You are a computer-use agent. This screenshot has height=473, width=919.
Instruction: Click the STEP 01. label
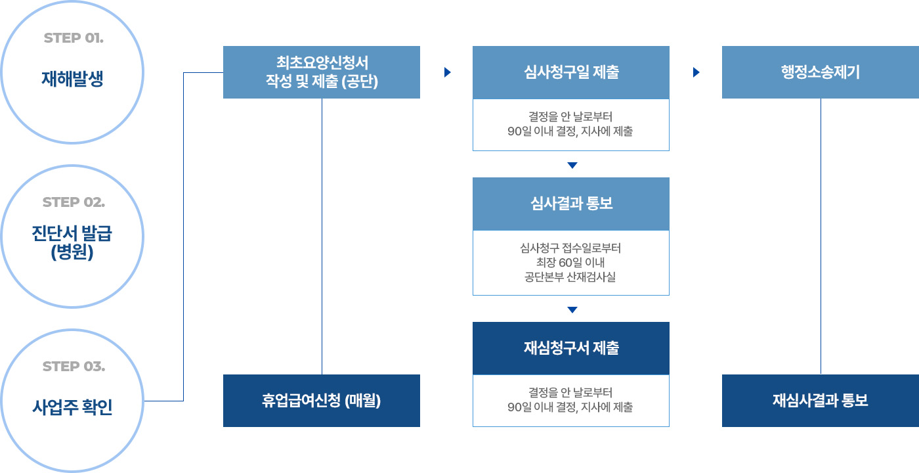pos(74,38)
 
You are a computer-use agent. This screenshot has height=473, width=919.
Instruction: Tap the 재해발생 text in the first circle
pos(72,78)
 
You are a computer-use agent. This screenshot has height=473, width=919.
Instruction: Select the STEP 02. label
pos(74,202)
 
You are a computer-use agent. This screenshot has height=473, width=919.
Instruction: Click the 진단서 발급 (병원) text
pos(72,242)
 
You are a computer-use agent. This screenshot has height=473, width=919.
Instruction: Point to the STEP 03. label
pos(74,367)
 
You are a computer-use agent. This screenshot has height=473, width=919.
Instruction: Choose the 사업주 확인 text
pos(72,407)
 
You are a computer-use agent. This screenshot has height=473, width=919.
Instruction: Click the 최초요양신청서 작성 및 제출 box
pos(322,72)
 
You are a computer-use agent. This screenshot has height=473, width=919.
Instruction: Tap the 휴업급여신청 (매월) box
pos(322,401)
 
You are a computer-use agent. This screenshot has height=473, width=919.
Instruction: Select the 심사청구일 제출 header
pos(571,72)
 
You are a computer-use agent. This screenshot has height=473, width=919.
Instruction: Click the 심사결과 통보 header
pos(571,204)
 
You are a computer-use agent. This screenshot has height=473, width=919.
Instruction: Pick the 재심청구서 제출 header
pos(571,348)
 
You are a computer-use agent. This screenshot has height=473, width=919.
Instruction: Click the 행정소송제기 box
pos(821,72)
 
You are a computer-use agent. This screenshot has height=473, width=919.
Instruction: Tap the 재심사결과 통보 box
pos(821,401)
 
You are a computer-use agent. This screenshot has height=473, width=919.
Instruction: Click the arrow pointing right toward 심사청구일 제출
pos(448,72)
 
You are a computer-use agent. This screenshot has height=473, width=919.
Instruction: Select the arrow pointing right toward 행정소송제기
pos(696,72)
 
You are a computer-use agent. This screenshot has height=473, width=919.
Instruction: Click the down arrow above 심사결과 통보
pos(572,165)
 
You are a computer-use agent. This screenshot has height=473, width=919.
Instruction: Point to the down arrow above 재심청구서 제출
pos(572,309)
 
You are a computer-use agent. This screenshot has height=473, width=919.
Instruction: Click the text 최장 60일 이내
pos(570,262)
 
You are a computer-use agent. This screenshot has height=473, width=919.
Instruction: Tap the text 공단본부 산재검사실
pos(570,277)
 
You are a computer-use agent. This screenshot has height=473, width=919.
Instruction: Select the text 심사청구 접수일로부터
pos(570,248)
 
